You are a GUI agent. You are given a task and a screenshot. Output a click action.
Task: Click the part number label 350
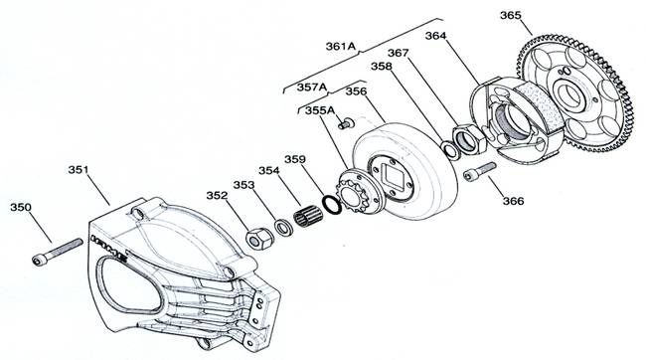[x=21, y=207]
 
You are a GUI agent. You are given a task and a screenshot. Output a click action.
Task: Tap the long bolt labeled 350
[x=58, y=252]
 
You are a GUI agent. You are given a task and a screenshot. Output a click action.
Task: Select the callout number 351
[x=79, y=170]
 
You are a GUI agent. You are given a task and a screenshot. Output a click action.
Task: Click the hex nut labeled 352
[x=259, y=239]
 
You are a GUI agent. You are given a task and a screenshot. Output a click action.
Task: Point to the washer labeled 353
[x=284, y=228]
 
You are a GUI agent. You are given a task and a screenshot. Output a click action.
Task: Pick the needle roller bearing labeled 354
[x=308, y=216]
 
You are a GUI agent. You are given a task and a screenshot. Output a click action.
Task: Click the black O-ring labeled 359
[x=332, y=205]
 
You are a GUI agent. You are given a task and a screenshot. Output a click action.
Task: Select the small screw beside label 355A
[x=346, y=123]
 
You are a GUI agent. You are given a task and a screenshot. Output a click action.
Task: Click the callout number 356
[x=356, y=91]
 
